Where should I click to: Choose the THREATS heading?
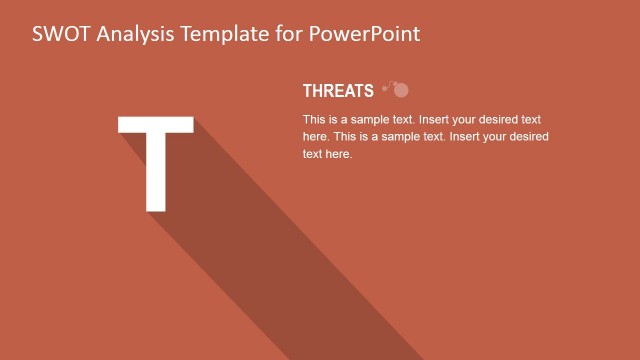pos(338,91)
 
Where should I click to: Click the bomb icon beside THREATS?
pos(397,89)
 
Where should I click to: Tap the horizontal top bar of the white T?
pos(155,125)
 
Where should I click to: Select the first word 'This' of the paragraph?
pos(315,119)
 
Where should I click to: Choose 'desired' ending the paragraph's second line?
pos(528,137)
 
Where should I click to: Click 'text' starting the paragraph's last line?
pos(312,154)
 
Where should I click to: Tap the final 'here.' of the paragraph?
pos(339,154)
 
